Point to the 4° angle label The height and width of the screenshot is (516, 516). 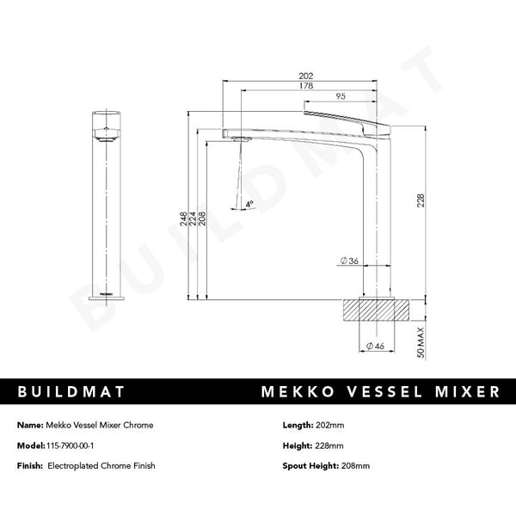point(249,205)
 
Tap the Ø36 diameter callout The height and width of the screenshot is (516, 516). point(349,261)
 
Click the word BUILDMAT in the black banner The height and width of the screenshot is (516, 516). point(71,392)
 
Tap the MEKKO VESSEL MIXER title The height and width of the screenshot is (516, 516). point(379,392)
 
